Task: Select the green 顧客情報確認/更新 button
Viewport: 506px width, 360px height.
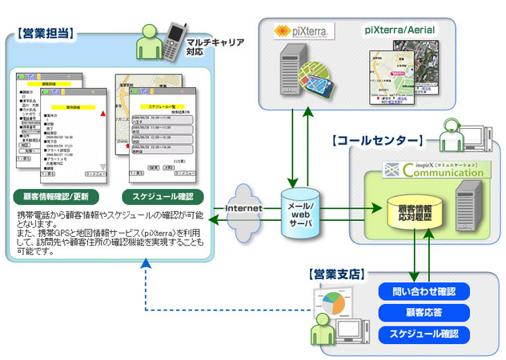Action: click(56, 197)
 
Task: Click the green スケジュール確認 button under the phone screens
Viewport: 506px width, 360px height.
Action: click(163, 197)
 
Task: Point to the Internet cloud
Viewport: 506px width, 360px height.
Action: click(244, 207)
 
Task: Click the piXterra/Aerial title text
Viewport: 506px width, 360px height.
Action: click(400, 30)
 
